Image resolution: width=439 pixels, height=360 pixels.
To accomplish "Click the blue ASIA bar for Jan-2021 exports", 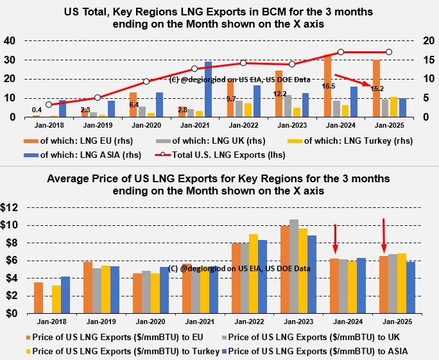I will click(x=208, y=89).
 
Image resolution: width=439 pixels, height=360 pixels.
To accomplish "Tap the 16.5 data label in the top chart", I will click(x=328, y=85).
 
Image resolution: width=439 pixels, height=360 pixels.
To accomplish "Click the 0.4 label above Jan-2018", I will click(x=37, y=110).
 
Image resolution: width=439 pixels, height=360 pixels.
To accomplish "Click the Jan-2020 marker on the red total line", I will click(x=146, y=81).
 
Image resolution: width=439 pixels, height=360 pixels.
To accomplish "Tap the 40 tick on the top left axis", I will click(x=10, y=40).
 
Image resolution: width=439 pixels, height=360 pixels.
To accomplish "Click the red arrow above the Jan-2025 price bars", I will click(x=384, y=235).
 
